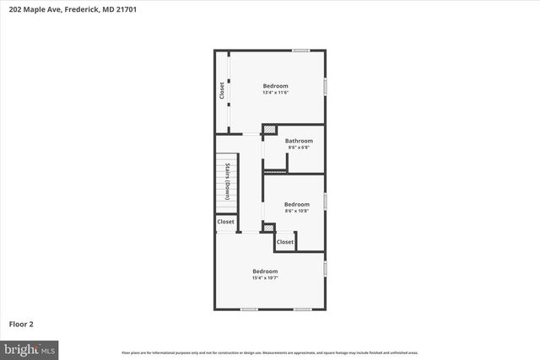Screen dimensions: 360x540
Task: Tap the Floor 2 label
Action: [21, 324]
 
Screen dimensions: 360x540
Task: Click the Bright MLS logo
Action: [30, 348]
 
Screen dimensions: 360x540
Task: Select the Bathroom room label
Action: [299, 141]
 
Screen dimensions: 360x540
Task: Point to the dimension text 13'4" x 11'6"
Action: [275, 94]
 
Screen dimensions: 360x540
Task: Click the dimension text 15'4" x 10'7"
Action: [265, 277]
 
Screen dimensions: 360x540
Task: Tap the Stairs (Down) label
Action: [228, 180]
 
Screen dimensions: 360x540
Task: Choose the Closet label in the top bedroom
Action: [223, 89]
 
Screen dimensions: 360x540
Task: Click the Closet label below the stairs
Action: [226, 222]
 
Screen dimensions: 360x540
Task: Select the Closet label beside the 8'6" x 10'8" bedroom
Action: [285, 242]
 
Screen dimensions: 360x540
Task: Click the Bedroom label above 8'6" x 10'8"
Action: [297, 205]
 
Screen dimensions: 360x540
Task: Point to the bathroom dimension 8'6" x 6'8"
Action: [299, 148]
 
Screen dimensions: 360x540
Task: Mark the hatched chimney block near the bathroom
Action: [270, 129]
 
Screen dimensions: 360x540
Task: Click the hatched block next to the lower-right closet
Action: [268, 227]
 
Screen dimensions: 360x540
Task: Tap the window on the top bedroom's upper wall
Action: [300, 51]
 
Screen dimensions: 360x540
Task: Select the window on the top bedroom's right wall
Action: [326, 86]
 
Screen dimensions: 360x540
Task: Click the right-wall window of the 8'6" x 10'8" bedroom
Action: [326, 201]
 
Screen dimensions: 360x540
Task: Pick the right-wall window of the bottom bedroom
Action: [326, 268]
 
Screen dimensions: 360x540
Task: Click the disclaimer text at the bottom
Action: [269, 352]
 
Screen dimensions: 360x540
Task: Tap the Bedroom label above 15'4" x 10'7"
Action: [265, 271]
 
